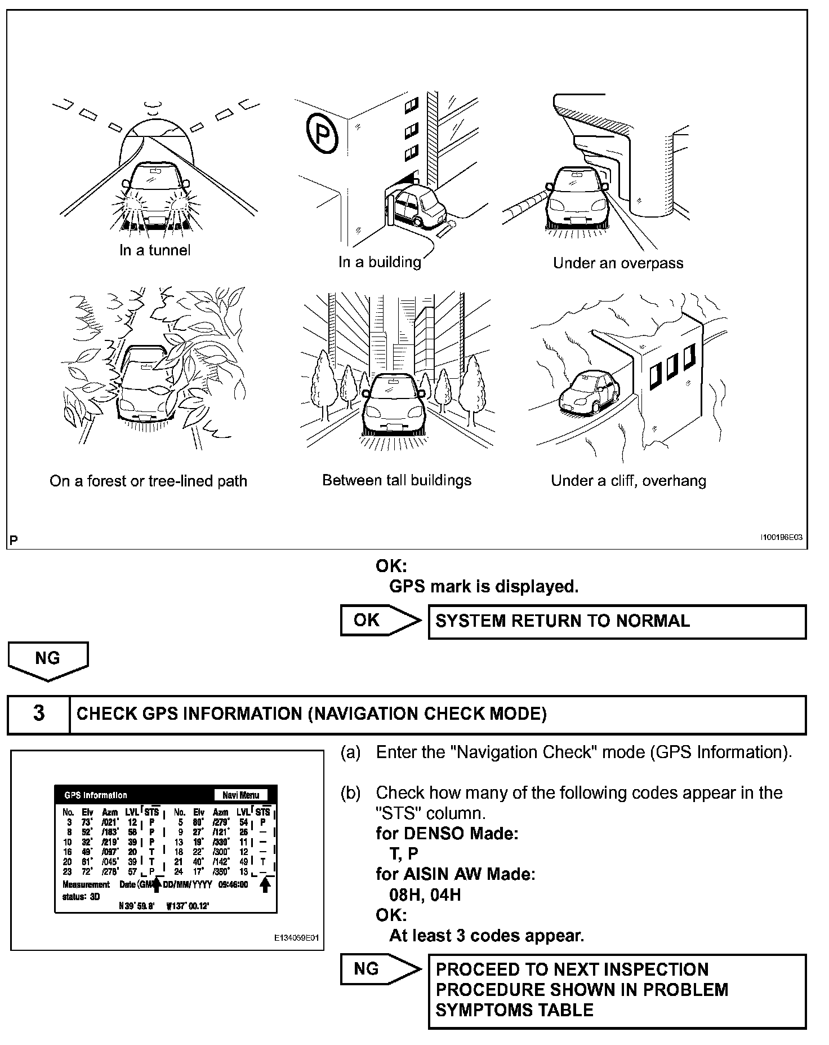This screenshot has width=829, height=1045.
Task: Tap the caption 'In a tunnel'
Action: click(155, 250)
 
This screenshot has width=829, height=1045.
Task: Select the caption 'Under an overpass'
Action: click(618, 263)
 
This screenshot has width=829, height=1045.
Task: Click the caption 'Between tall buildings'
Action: click(396, 480)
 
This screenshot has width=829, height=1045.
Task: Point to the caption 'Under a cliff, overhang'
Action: click(628, 481)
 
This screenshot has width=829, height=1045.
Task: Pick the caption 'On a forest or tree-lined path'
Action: click(148, 481)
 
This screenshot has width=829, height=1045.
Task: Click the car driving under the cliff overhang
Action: click(589, 391)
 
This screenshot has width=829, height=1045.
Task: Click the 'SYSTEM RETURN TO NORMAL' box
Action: click(617, 621)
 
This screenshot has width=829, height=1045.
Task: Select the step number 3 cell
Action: click(38, 714)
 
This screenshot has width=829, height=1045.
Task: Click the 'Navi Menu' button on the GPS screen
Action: click(240, 795)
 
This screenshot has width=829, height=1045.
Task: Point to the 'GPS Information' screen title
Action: click(96, 795)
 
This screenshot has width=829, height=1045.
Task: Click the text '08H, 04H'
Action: click(425, 895)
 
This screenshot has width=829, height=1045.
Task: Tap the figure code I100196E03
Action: click(781, 538)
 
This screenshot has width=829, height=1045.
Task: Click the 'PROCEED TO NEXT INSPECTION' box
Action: click(617, 990)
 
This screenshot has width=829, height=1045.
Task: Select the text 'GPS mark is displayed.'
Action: click(484, 587)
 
